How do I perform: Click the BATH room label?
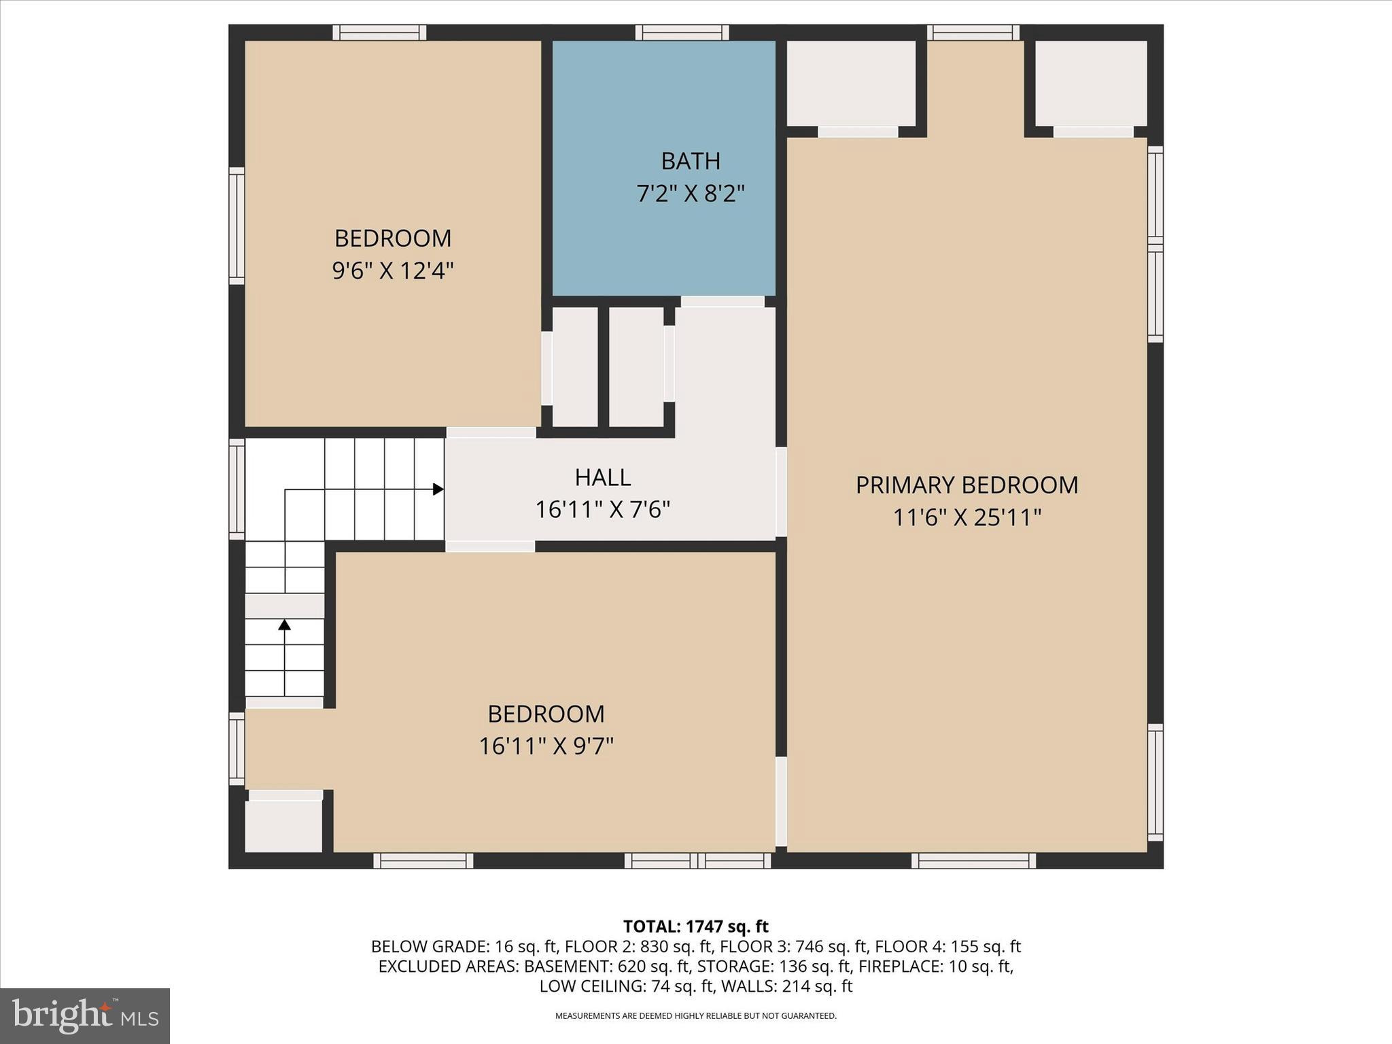tap(691, 161)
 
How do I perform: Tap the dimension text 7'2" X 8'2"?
tap(691, 194)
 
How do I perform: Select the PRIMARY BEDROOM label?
tap(967, 485)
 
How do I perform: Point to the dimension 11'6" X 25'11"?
tap(967, 518)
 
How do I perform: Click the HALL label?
tap(603, 477)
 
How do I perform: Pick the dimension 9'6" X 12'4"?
tap(392, 271)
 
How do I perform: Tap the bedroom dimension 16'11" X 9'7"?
tap(546, 746)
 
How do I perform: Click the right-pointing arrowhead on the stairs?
tap(438, 489)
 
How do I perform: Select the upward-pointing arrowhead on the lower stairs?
tap(284, 624)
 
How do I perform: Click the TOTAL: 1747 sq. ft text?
tap(695, 926)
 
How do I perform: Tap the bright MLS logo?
tap(85, 1015)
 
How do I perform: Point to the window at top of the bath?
tap(682, 32)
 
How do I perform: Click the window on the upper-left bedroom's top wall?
tap(379, 32)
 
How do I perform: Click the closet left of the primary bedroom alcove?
tap(850, 83)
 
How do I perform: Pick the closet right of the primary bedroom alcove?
tap(1090, 83)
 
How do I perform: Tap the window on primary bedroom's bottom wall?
tap(973, 860)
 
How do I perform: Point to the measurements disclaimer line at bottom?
tap(695, 1016)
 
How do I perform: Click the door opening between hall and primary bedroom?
tap(781, 491)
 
